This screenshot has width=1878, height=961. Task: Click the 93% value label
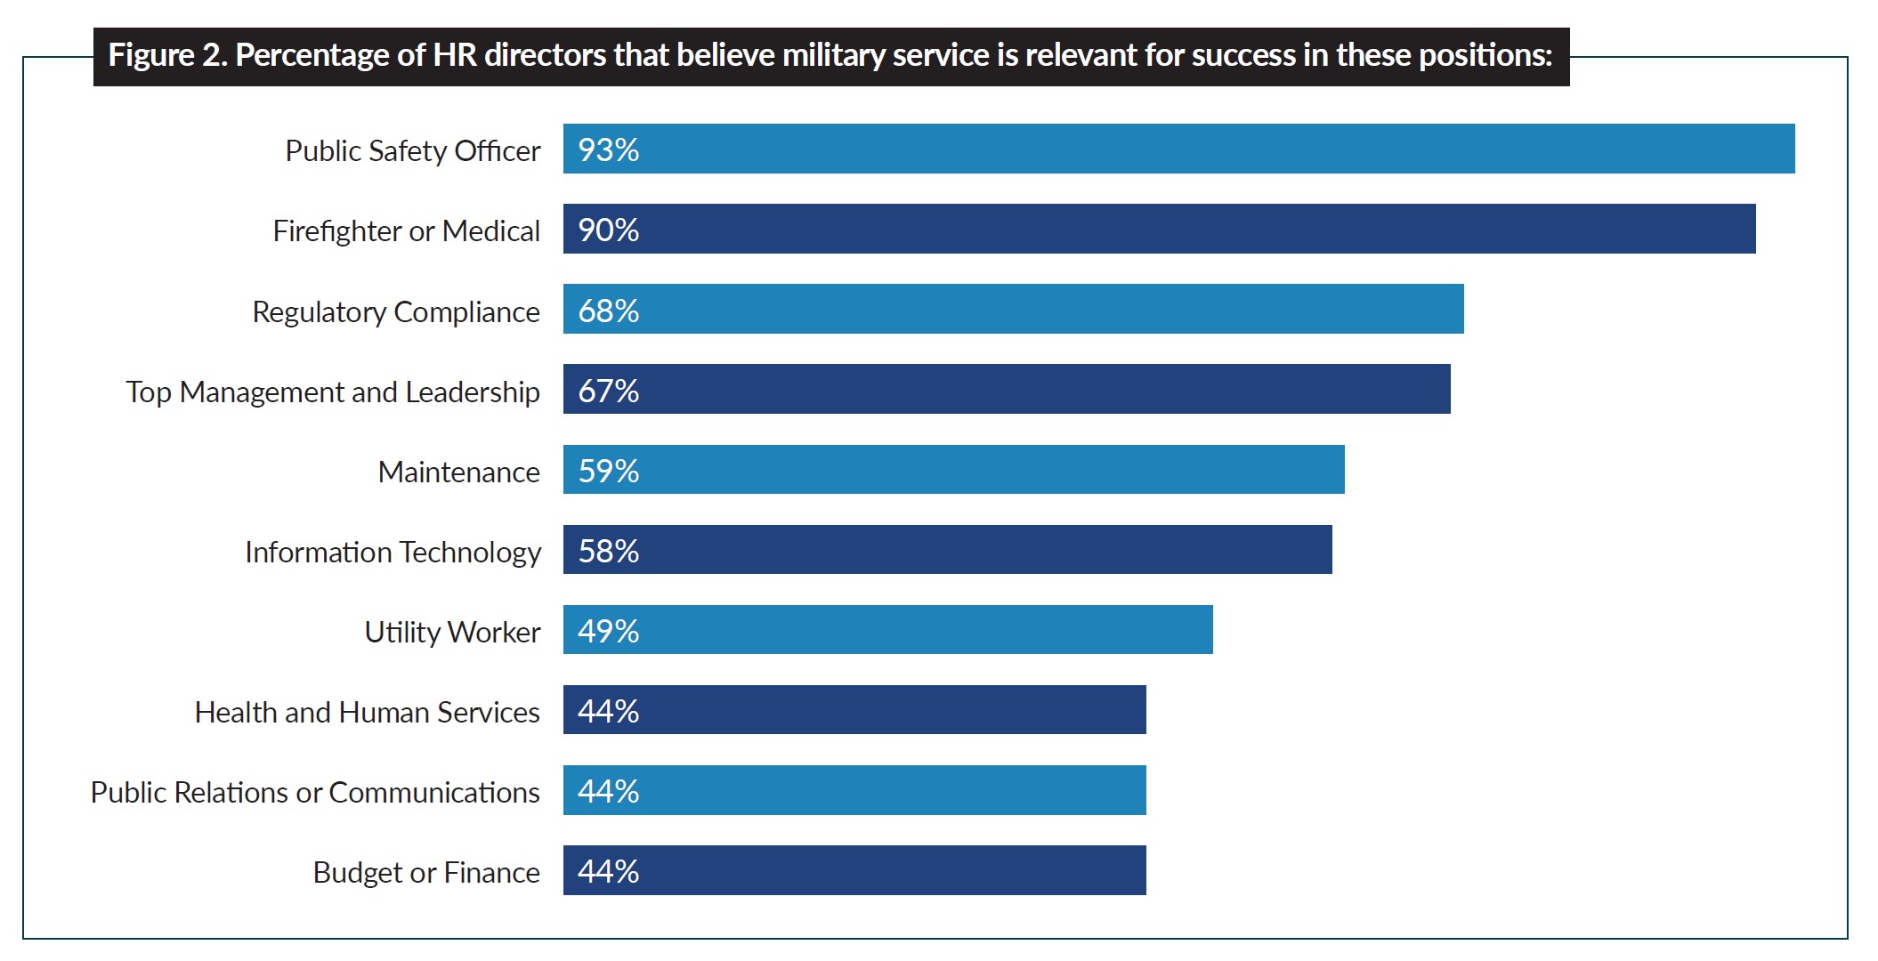(x=609, y=149)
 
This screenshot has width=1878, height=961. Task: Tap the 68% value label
(x=609, y=311)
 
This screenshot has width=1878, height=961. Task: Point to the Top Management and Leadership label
(x=333, y=392)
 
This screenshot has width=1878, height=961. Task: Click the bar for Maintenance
(x=953, y=469)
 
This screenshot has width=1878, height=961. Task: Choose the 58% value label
(x=609, y=551)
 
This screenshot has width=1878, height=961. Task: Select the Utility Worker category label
(x=452, y=632)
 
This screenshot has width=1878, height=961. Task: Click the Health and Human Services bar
(x=854, y=709)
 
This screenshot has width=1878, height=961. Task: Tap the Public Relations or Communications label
(x=315, y=792)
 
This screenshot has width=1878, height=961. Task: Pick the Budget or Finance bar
(x=854, y=869)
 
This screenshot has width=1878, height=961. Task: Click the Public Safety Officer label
(x=412, y=150)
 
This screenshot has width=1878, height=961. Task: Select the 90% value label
(x=609, y=230)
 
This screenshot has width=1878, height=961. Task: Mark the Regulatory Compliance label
(x=396, y=311)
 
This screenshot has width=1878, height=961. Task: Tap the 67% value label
(x=609, y=391)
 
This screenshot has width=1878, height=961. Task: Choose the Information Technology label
(x=393, y=552)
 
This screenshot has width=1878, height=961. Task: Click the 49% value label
(x=609, y=631)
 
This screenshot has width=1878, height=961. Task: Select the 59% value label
(x=609, y=471)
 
